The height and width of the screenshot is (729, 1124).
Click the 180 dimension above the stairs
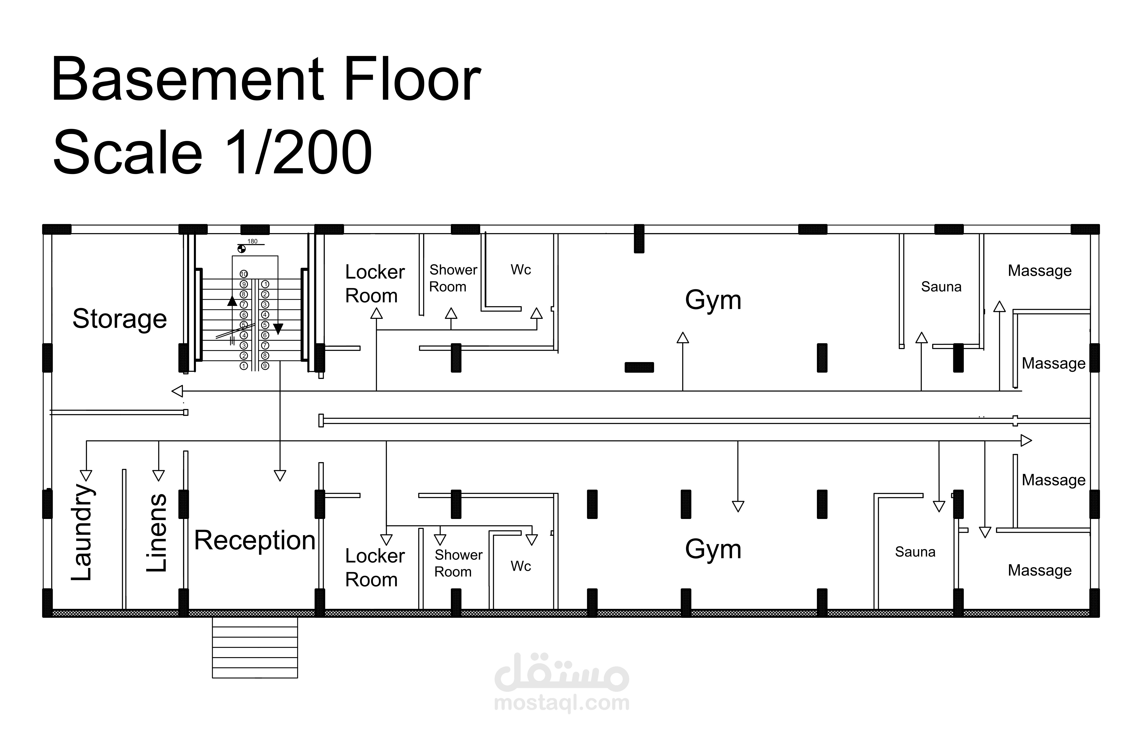(x=253, y=241)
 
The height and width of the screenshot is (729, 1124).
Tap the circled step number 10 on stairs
(x=244, y=274)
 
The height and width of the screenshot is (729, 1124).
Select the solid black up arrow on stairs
(x=232, y=301)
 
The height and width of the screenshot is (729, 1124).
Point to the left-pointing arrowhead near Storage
(x=177, y=391)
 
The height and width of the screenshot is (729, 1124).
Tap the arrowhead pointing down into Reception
(x=280, y=476)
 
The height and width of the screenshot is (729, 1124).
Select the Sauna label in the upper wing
(x=941, y=287)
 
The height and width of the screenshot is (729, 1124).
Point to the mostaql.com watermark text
(x=562, y=703)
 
